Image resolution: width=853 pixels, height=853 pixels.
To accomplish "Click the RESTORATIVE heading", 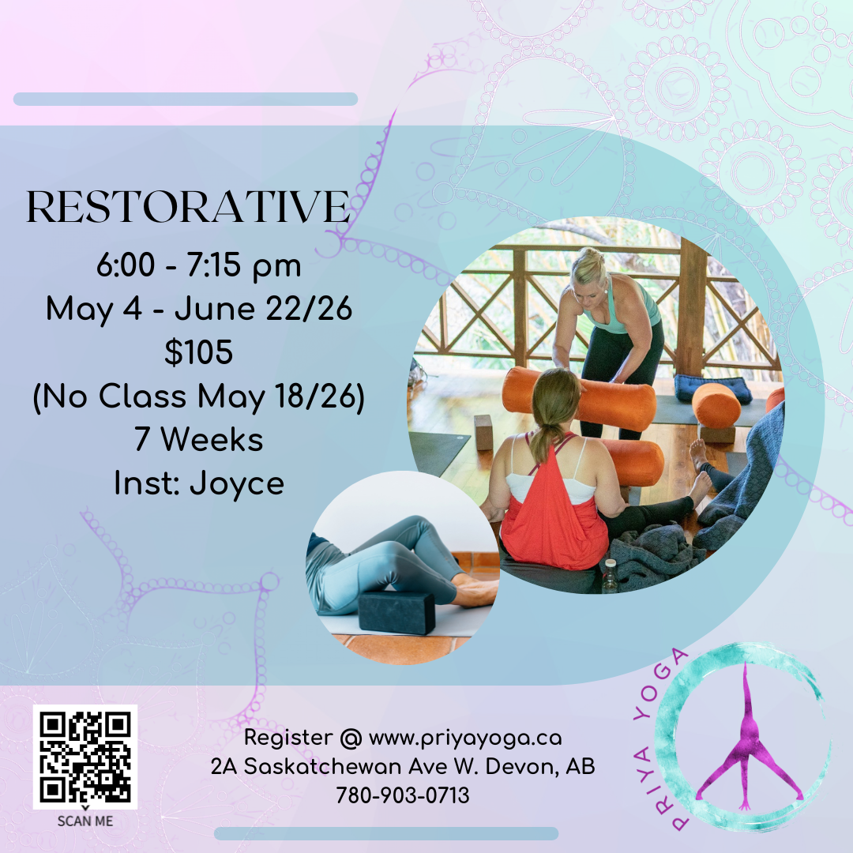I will coord(188,208).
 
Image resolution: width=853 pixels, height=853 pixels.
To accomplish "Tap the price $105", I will coord(198,353).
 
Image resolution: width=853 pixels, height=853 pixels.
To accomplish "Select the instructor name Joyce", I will coord(237,483).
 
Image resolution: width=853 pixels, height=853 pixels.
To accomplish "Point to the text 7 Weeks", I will coord(198,440).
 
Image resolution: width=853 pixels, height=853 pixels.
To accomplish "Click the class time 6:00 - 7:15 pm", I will coord(198,266).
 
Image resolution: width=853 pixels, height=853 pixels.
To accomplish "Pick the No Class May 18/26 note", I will coord(198,396).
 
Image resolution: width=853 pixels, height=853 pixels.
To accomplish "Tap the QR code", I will coord(85,757).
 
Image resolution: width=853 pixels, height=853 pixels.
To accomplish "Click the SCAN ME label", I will coord(85,821).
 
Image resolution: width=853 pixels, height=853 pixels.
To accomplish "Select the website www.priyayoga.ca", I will coord(465,738).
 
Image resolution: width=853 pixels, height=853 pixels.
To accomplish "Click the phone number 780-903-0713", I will coord(403,796).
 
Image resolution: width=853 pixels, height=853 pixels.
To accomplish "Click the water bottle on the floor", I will coord(609,577).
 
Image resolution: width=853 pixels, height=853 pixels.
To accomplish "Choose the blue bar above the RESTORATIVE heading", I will coord(186,99).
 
